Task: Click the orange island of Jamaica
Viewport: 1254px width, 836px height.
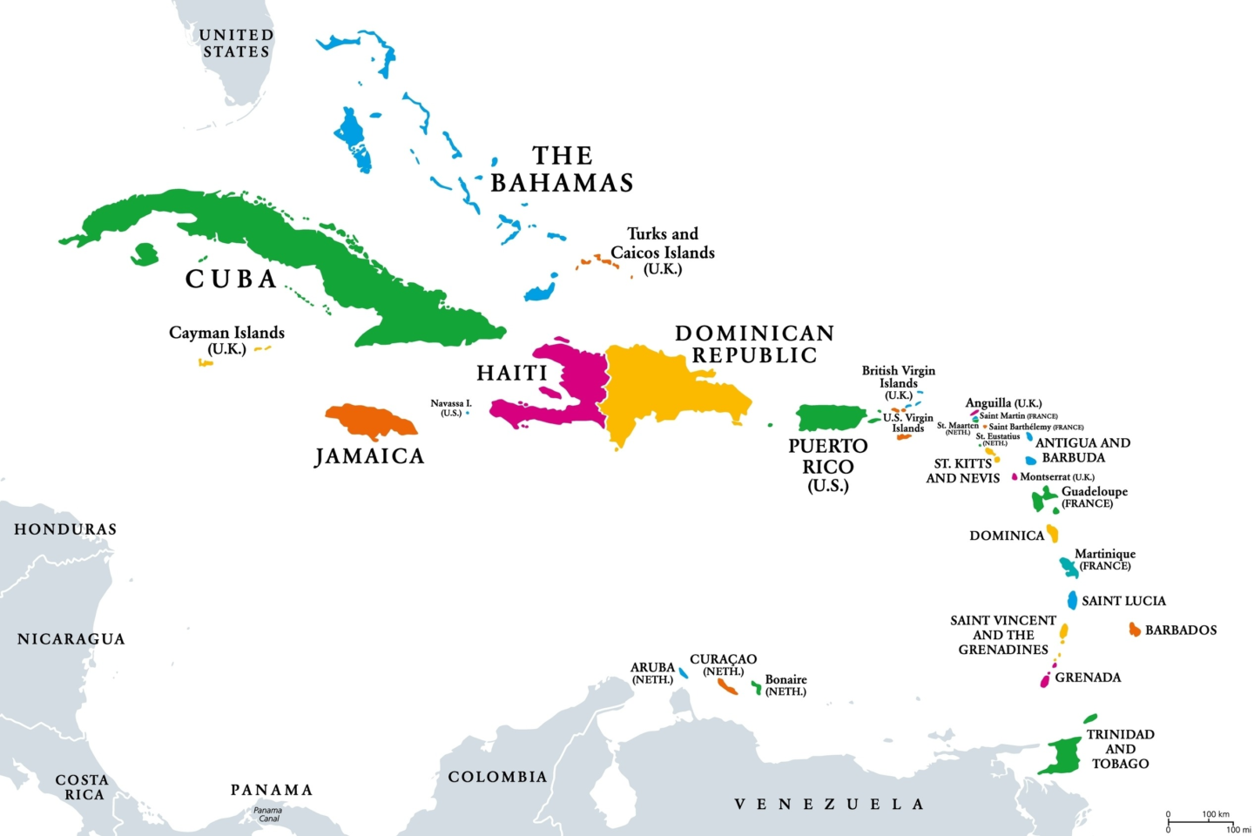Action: point(370,421)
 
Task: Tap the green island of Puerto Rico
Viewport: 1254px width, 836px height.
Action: point(830,418)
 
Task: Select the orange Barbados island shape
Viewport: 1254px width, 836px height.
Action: point(1135,630)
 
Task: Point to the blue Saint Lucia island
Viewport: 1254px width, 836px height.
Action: point(1072,600)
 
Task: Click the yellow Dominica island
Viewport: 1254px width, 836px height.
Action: point(1053,533)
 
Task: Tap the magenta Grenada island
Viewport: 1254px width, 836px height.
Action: point(1045,680)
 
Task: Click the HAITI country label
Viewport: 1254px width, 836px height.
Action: point(512,373)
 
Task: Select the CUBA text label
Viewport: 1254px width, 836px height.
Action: point(231,279)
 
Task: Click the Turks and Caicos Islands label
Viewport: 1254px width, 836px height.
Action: point(663,251)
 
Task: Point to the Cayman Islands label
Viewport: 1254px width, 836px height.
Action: point(226,340)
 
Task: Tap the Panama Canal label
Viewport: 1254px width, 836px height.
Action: point(268,814)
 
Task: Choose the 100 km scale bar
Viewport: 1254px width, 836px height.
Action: point(1200,820)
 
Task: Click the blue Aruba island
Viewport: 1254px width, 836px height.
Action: point(684,672)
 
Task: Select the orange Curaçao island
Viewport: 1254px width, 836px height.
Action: point(728,686)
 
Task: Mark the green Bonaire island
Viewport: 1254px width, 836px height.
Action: point(757,688)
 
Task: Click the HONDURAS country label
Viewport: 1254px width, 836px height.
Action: point(65,529)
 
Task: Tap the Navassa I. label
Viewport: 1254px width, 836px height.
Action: point(450,408)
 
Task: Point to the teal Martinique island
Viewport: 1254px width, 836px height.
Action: point(1069,567)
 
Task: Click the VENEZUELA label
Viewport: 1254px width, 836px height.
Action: point(828,804)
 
